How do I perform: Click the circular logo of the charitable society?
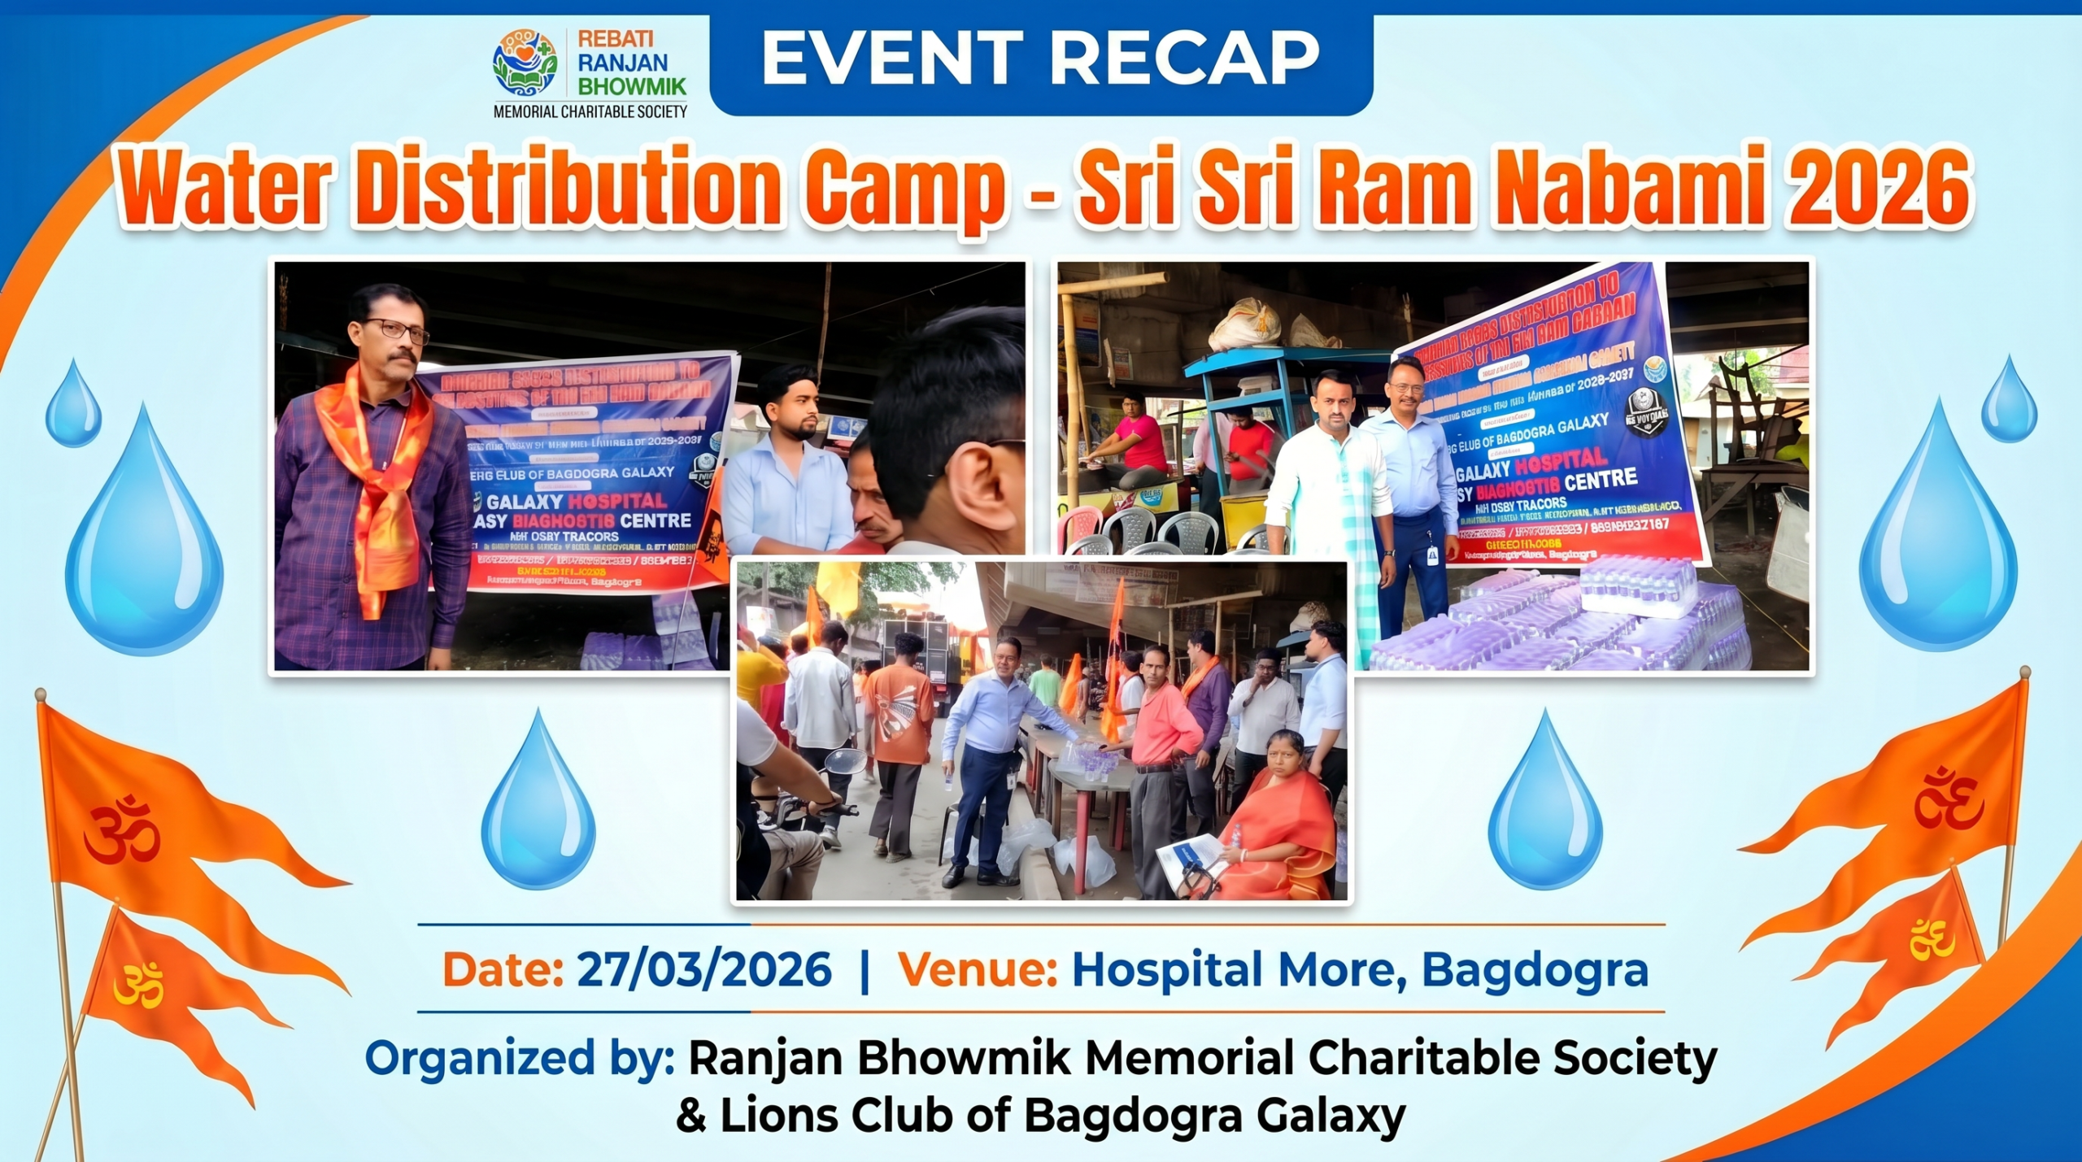[x=525, y=62]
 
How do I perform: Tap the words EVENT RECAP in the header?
[x=1040, y=58]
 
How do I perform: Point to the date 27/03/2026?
[x=704, y=969]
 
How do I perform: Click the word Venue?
[x=977, y=969]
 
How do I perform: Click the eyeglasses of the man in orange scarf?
[x=396, y=329]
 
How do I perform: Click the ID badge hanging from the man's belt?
[x=1432, y=555]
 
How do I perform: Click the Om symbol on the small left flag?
[x=138, y=985]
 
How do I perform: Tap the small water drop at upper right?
[x=2008, y=400]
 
